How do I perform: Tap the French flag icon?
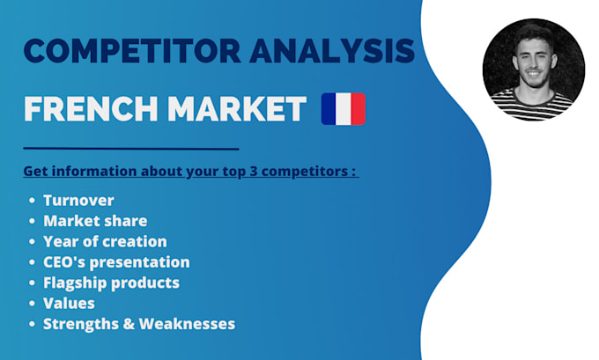coord(343,109)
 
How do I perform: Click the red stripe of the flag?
coord(357,109)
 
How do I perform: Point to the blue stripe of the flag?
coord(329,109)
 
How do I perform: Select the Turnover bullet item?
coord(78,201)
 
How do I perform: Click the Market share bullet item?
coord(95,221)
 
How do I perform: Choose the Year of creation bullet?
coord(105,241)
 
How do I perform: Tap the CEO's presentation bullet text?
coord(116,261)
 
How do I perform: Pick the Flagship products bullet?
coord(111,283)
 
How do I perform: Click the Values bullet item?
coord(69,303)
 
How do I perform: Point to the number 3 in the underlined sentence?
coord(259,170)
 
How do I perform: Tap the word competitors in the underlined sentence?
coord(308,170)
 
